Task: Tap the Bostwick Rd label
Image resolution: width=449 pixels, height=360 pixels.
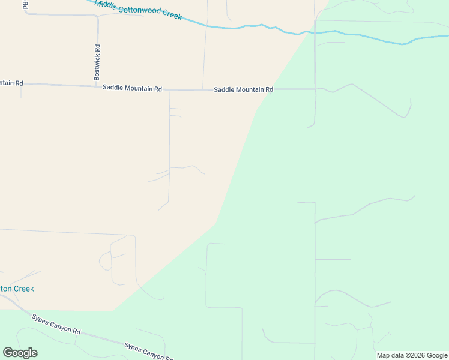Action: [97, 62]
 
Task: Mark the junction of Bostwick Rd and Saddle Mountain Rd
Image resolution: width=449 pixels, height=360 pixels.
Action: [97, 86]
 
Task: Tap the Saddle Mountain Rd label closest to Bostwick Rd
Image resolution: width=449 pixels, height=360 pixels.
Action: [132, 88]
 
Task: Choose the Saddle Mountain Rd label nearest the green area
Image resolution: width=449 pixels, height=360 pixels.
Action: [244, 89]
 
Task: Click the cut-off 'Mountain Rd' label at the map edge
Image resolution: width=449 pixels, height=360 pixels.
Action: [11, 82]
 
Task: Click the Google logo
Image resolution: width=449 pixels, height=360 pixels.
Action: [20, 353]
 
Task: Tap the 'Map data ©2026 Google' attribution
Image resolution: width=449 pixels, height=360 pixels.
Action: [412, 355]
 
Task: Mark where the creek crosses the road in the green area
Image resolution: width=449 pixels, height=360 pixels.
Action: [315, 31]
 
